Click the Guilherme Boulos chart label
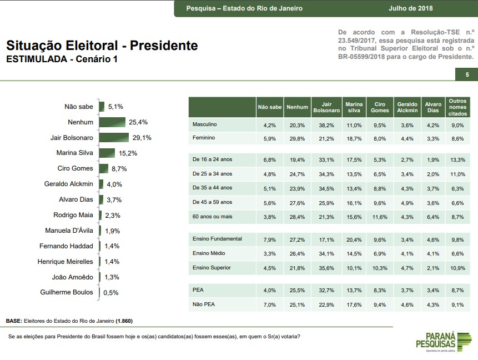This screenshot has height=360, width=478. click(x=67, y=292)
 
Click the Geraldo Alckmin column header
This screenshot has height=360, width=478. click(x=407, y=107)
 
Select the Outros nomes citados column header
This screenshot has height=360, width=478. click(x=457, y=107)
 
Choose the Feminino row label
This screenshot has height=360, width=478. click(x=203, y=138)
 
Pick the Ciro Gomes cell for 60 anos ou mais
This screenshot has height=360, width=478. click(x=380, y=217)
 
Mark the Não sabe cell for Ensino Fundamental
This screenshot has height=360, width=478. click(x=270, y=240)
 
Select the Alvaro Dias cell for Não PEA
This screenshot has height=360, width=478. click(x=433, y=304)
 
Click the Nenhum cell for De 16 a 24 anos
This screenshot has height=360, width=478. click(x=297, y=160)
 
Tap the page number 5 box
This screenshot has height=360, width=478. click(x=467, y=74)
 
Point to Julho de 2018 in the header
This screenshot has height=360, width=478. click(x=411, y=8)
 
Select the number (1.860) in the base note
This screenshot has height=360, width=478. click(x=124, y=321)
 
